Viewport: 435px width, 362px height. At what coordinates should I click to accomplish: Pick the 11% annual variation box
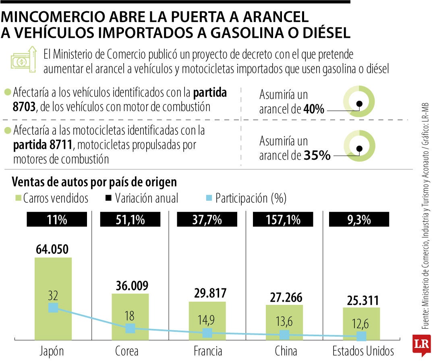pyautogui.click(x=53, y=220)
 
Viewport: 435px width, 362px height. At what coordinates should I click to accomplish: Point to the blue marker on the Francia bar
pyautogui.click(x=207, y=333)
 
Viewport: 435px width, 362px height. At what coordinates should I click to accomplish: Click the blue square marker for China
pyautogui.click(x=284, y=335)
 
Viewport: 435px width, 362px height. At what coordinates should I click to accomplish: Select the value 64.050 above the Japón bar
pyautogui.click(x=53, y=249)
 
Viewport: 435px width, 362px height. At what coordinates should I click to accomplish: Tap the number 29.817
pyautogui.click(x=207, y=293)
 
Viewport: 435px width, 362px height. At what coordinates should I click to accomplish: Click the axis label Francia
pyautogui.click(x=207, y=351)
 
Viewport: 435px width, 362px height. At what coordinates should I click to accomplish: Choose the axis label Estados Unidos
pyautogui.click(x=363, y=351)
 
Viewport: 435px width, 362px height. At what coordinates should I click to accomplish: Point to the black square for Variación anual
pyautogui.click(x=109, y=198)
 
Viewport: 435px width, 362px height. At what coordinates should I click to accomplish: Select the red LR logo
pyautogui.click(x=421, y=344)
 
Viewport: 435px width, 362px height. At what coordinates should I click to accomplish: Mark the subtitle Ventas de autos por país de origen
pyautogui.click(x=95, y=182)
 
